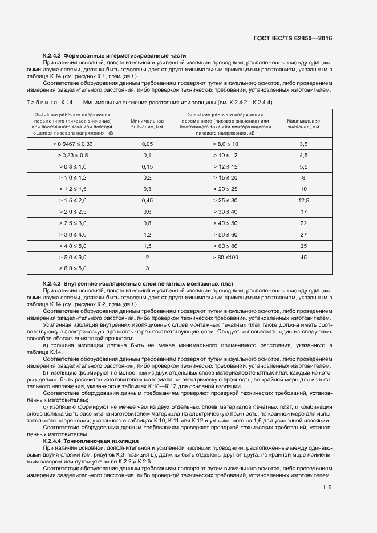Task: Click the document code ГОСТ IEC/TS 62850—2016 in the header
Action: pos(292,38)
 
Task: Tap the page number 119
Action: pos(327,487)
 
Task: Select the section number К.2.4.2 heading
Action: pos(52,55)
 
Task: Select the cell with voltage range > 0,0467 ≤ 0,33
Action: pos(72,144)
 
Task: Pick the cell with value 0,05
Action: pos(147,144)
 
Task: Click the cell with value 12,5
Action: pos(303,201)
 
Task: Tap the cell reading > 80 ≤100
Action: pos(225,257)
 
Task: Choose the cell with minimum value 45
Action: pos(303,257)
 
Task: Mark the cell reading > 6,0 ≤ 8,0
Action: pos(72,268)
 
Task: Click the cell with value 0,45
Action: pos(147,201)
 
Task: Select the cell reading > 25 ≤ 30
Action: pos(225,201)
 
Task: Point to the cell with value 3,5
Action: pos(303,144)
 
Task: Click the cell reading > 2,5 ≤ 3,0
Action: pos(72,223)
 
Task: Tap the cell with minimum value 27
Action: pos(303,234)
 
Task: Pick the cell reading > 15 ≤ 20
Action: pos(225,178)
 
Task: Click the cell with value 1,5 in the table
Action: pos(147,246)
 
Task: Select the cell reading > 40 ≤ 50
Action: pos(225,223)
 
